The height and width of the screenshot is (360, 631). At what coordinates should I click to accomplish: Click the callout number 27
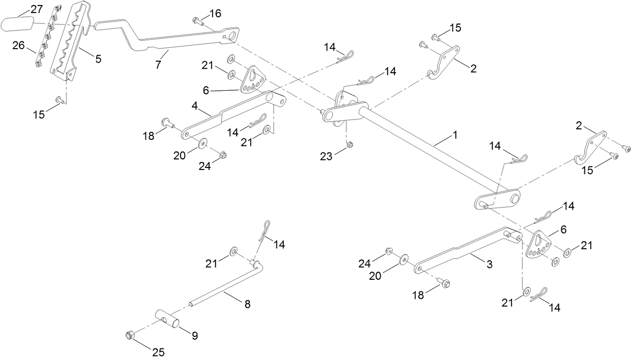37,9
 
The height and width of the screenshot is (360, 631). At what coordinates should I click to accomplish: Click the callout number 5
98,59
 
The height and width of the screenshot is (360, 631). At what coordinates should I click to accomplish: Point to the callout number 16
215,14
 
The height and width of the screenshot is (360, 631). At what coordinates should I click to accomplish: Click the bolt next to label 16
197,21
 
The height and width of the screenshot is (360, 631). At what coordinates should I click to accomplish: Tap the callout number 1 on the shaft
455,134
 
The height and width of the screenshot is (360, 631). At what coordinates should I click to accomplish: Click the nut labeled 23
350,145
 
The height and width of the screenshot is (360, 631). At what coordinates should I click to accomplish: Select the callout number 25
158,352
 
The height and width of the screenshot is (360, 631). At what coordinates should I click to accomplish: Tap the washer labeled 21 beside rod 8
234,250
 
